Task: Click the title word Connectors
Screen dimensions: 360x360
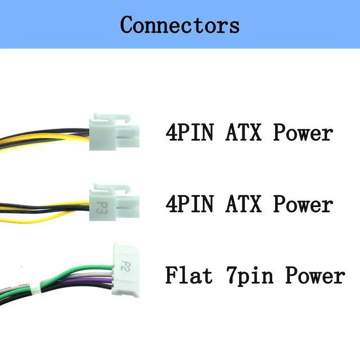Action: pos(179,25)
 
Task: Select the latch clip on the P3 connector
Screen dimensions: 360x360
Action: pos(111,188)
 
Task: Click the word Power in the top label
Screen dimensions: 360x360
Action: pos(303,133)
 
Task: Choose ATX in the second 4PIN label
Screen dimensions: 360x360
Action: pos(244,204)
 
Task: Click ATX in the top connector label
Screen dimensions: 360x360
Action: pos(244,133)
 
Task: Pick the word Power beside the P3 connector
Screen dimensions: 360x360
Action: pos(303,204)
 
